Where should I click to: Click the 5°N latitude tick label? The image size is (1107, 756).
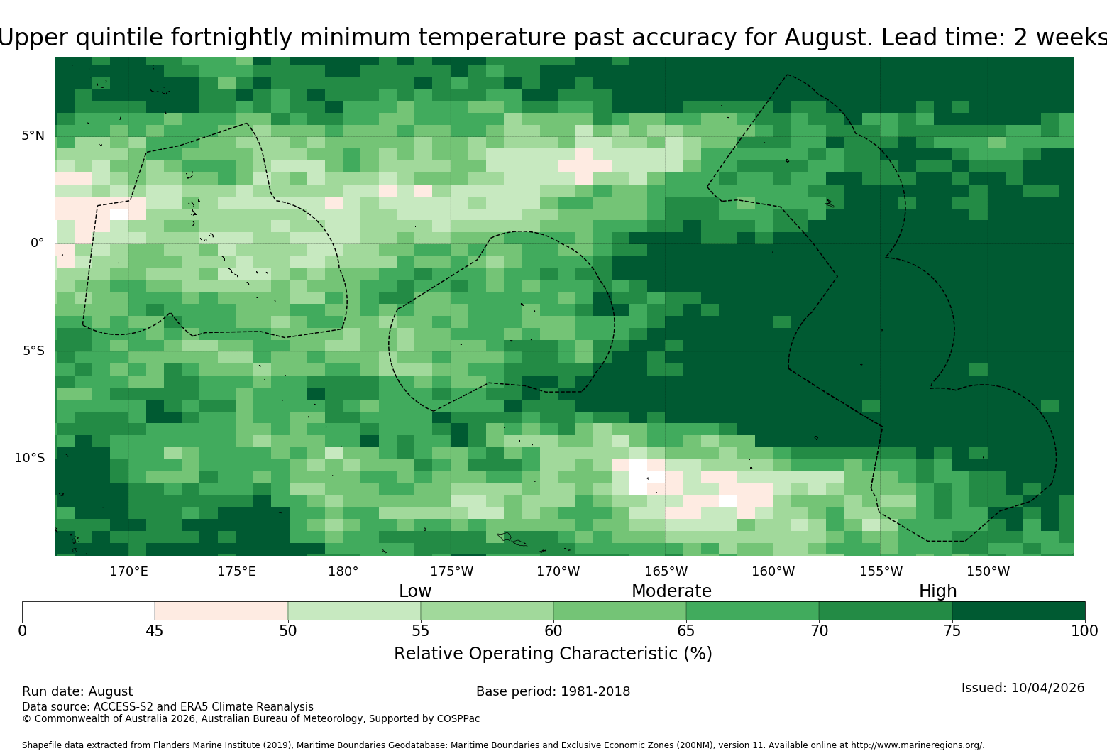point(33,136)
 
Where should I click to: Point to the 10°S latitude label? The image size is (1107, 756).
point(29,458)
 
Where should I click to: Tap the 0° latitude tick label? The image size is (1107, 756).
point(37,243)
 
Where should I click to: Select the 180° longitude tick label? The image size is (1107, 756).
point(343,571)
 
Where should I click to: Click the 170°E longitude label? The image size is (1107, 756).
point(128,571)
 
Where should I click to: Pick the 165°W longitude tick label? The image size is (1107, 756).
point(666,571)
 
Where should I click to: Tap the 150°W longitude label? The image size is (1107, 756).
point(988,571)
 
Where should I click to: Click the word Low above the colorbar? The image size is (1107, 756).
point(415,591)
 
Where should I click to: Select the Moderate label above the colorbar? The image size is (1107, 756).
point(671,591)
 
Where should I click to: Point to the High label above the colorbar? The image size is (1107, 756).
point(938,591)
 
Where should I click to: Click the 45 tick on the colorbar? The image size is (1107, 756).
point(155,631)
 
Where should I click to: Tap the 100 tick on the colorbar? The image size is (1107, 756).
point(1085,631)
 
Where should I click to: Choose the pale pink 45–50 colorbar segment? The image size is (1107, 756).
point(221,610)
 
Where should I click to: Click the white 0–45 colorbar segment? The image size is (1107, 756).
point(89,610)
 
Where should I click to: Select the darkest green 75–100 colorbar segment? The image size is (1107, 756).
point(1018,610)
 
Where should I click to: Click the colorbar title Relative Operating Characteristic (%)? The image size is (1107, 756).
point(553,654)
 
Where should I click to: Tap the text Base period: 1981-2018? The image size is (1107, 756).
point(553,691)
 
